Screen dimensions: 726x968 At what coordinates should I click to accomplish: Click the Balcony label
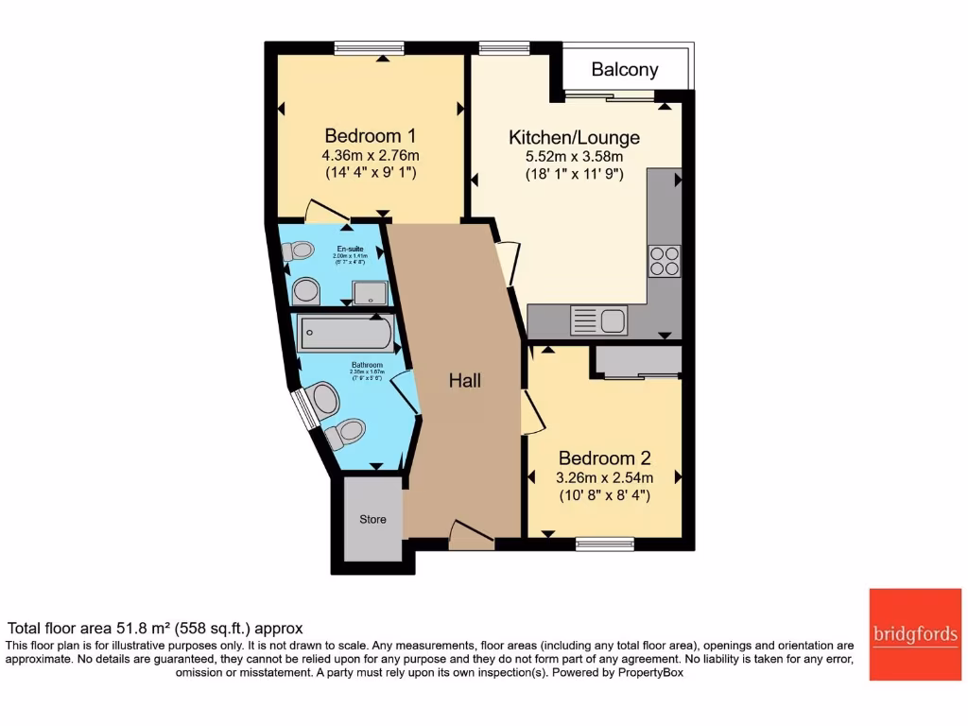pyautogui.click(x=624, y=69)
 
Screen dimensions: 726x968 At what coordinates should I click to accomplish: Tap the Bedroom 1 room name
pyautogui.click(x=370, y=136)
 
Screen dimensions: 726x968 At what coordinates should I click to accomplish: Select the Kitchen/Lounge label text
pyautogui.click(x=574, y=138)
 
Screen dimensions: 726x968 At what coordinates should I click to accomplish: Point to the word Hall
pyautogui.click(x=464, y=381)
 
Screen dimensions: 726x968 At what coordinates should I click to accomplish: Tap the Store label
pyautogui.click(x=372, y=520)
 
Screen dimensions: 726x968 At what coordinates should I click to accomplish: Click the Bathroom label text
pyautogui.click(x=367, y=365)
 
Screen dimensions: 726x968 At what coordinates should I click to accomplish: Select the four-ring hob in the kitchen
pyautogui.click(x=664, y=260)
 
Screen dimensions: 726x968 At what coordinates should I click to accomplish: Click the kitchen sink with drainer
pyautogui.click(x=598, y=320)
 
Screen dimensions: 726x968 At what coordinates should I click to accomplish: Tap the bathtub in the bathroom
pyautogui.click(x=345, y=334)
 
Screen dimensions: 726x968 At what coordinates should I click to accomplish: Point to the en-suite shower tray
pyautogui.click(x=367, y=292)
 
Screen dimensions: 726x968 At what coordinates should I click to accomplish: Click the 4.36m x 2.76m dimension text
pyautogui.click(x=370, y=156)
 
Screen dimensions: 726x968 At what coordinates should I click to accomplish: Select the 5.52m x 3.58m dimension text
pyautogui.click(x=574, y=157)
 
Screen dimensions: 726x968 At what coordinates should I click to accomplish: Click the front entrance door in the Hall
pyautogui.click(x=471, y=535)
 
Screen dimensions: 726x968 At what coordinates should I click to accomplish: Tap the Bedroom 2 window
pyautogui.click(x=604, y=543)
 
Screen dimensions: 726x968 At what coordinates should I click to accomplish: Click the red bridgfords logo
pyautogui.click(x=915, y=634)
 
